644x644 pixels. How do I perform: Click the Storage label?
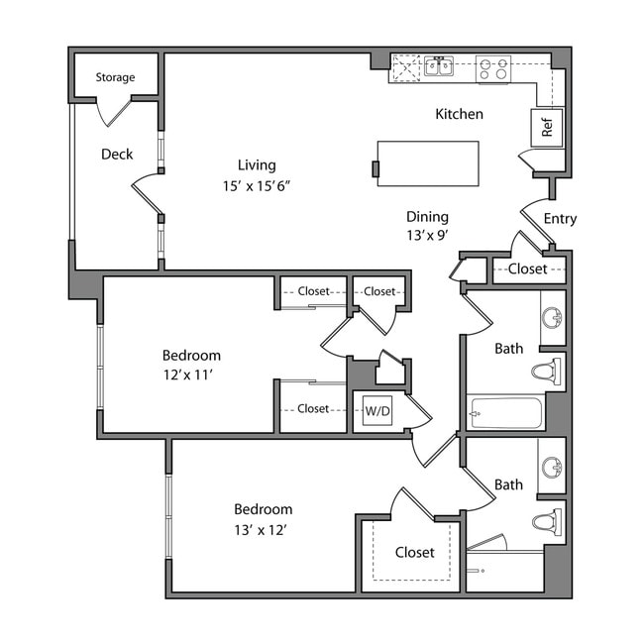pos(115,77)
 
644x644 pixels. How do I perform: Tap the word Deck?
pos(117,154)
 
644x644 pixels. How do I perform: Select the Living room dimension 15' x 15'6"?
pos(257,185)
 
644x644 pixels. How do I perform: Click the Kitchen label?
pos(460,114)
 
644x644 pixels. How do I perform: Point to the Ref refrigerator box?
pos(546,127)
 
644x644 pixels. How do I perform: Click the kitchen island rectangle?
pos(427,163)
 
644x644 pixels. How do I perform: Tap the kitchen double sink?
pos(439,67)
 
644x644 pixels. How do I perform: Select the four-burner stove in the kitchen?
pos(492,69)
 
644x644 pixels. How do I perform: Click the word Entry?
pos(560,219)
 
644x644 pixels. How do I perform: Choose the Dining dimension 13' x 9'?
pos(427,237)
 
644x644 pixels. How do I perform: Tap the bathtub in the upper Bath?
pos(505,412)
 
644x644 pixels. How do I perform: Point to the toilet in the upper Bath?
pos(546,373)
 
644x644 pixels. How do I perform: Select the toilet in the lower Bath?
pos(546,521)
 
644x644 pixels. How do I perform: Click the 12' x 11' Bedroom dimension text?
pos(191,376)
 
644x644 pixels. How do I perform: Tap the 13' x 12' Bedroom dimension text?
pos(263,530)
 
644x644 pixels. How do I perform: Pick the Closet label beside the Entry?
pos(527,268)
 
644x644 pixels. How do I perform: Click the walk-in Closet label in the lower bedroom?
pos(414,552)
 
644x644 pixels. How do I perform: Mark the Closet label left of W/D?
pos(313,408)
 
